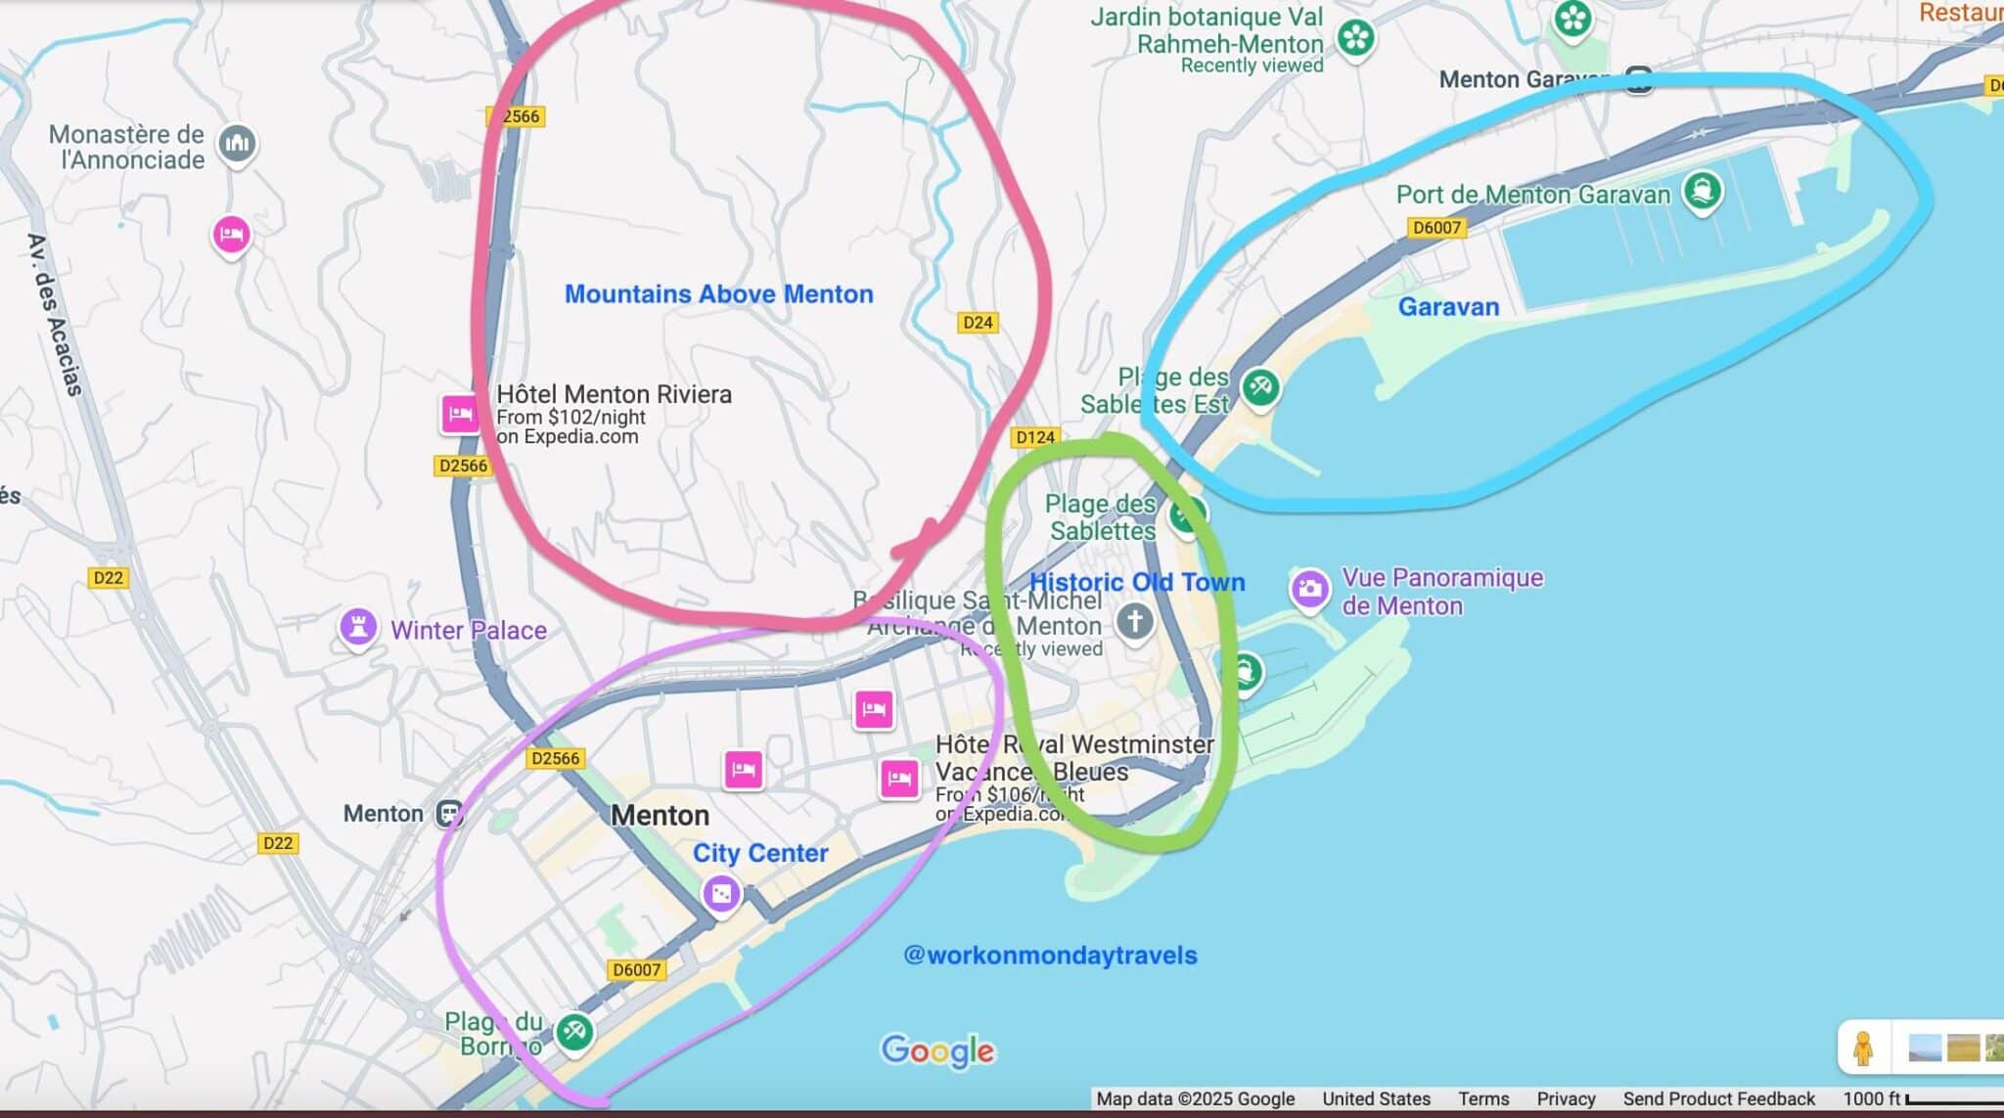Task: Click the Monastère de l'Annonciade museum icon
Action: pyautogui.click(x=237, y=145)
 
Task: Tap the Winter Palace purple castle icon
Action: pyautogui.click(x=358, y=627)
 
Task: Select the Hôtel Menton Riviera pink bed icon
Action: pyautogui.click(x=460, y=414)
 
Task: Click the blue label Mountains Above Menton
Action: pyautogui.click(x=718, y=293)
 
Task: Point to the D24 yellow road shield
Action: pyautogui.click(x=978, y=322)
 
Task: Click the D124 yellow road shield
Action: pyautogui.click(x=1034, y=437)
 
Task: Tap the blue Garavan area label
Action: pyautogui.click(x=1448, y=306)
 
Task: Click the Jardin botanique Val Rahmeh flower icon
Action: pyautogui.click(x=1356, y=38)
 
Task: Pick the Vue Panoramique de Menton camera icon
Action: pyautogui.click(x=1309, y=588)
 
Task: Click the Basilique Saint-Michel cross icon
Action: pyautogui.click(x=1135, y=619)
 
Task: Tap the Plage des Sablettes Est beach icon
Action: pyautogui.click(x=1260, y=387)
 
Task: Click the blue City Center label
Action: pyautogui.click(x=760, y=853)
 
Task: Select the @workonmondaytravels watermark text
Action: pyautogui.click(x=1050, y=955)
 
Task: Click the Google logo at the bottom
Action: pyautogui.click(x=937, y=1051)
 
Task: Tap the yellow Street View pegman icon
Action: pyautogui.click(x=1863, y=1048)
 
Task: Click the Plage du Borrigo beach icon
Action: pyautogui.click(x=574, y=1031)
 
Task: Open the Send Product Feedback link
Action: pyautogui.click(x=1718, y=1098)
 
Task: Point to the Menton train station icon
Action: pyautogui.click(x=450, y=813)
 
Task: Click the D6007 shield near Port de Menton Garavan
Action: pyautogui.click(x=1436, y=227)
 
